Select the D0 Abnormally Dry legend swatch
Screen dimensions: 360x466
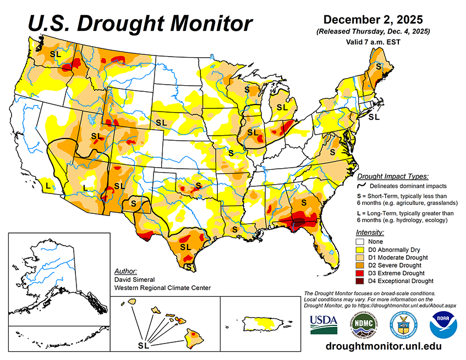click(x=361, y=249)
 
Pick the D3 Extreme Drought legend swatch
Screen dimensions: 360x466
click(x=361, y=274)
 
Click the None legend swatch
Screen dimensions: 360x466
click(x=361, y=241)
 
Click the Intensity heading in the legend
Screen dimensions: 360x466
click(x=370, y=232)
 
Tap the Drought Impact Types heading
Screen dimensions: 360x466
click(x=392, y=176)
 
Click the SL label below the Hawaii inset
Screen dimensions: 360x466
click(x=143, y=346)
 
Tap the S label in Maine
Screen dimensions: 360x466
click(x=378, y=65)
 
